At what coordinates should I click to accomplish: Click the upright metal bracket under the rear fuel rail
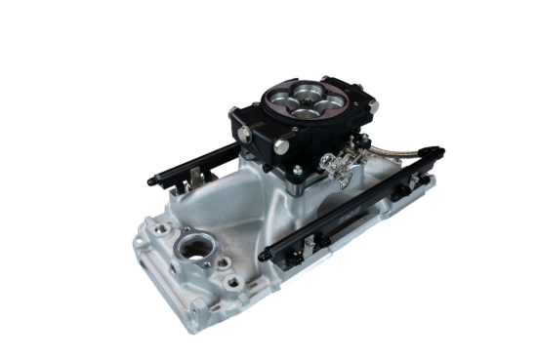(x=199, y=176)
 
